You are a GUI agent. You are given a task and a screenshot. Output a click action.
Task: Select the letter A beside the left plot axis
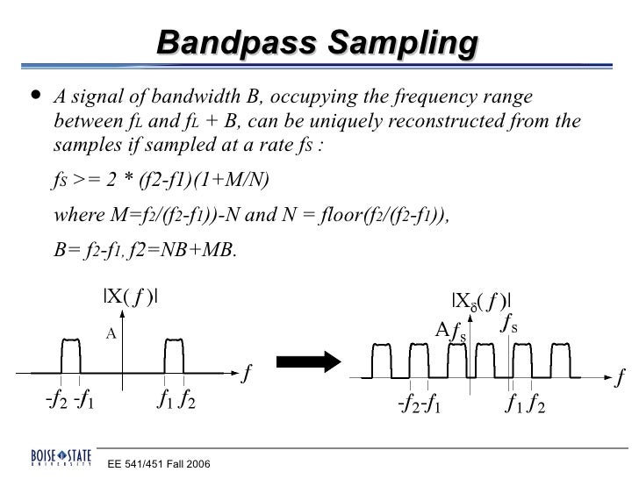coord(111,333)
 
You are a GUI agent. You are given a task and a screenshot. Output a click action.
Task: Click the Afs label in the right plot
coord(451,331)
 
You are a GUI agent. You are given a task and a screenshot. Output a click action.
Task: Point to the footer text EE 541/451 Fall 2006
coord(158,463)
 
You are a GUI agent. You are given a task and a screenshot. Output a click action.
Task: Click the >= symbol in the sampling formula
coord(87,183)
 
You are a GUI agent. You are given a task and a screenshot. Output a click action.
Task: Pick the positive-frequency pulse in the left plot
coord(171,356)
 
